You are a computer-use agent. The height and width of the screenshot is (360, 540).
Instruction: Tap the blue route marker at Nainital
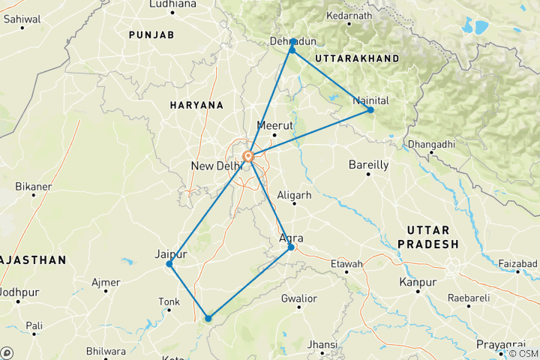click(370, 110)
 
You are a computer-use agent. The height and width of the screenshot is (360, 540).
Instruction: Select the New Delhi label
click(216, 166)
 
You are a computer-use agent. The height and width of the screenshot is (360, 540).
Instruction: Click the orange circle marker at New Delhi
click(248, 157)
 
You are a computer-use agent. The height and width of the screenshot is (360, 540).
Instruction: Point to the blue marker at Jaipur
click(169, 264)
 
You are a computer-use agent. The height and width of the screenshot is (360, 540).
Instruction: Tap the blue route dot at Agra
click(291, 247)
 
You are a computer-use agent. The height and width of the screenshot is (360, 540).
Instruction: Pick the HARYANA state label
click(196, 105)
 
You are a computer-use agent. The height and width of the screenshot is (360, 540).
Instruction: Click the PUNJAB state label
click(151, 35)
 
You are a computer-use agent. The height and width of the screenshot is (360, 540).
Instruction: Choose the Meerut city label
click(272, 125)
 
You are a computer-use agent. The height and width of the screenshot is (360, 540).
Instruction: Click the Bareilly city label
click(369, 164)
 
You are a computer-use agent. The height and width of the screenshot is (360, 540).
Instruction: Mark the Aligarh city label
click(294, 195)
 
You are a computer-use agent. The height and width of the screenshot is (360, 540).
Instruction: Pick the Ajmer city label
click(106, 283)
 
